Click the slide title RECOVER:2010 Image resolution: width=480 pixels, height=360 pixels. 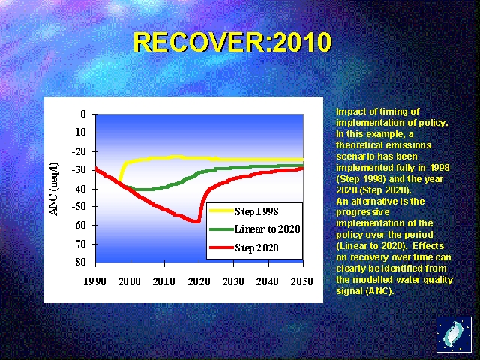232,43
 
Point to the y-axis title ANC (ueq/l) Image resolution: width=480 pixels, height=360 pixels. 54,187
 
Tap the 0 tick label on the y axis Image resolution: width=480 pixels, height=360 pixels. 84,114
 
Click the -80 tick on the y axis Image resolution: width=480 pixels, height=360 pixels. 79,262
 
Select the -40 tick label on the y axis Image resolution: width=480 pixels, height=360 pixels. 79,188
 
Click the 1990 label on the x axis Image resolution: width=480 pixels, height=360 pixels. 96,281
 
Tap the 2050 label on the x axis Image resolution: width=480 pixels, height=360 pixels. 302,281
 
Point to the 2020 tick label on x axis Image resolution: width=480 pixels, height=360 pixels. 199,281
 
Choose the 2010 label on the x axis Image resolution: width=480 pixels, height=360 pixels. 164,281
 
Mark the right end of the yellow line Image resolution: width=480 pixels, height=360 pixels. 302,159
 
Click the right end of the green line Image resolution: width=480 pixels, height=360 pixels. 302,166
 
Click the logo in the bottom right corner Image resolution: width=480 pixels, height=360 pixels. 454,334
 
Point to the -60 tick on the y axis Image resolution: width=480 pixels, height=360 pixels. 79,225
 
